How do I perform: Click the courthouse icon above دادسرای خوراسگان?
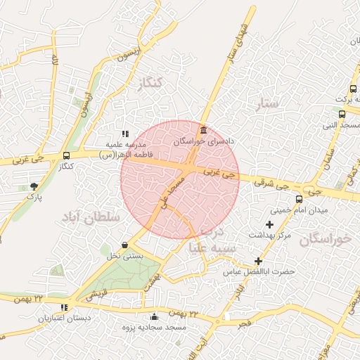203,130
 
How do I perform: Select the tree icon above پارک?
34,186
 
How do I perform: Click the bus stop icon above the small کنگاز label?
66,155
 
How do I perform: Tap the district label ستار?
268,103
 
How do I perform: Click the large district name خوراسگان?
324,240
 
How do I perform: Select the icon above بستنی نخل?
124,245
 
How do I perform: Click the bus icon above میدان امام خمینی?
300,199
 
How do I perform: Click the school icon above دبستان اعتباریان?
65,307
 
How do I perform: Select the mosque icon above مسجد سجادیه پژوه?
155,316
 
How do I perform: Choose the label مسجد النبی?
340,126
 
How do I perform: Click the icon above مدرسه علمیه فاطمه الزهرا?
124,134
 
